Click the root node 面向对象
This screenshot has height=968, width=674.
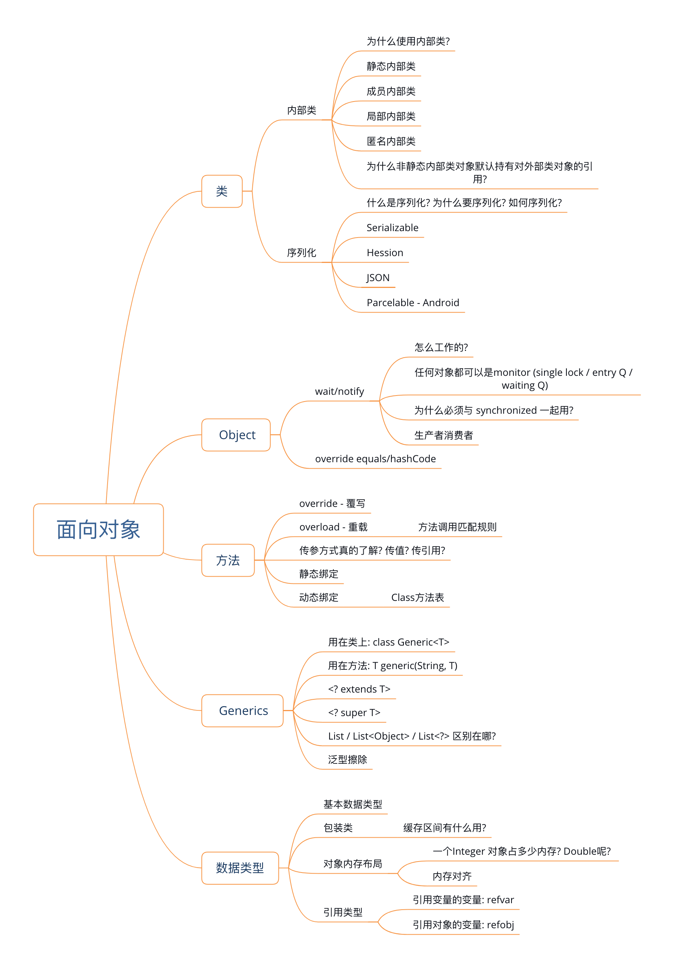pos(98,530)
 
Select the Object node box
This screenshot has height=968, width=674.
pos(236,435)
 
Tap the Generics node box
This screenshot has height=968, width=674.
pos(243,711)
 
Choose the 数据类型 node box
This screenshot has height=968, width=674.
pos(239,868)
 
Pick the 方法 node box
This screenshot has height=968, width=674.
pos(228,560)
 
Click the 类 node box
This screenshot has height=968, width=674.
pos(222,191)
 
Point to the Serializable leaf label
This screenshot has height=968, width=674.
pos(392,228)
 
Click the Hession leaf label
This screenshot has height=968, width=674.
pos(385,253)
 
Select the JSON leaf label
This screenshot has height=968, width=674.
pos(378,278)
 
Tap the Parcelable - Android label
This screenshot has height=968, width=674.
pos(413,303)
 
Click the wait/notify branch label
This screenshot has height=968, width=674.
pos(339,391)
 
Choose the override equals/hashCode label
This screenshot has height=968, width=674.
pos(375,459)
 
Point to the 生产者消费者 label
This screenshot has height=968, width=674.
pos(443,435)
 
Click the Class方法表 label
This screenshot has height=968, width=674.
pos(417,597)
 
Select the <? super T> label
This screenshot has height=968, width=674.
pos(354,713)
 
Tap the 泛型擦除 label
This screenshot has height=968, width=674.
pos(347,760)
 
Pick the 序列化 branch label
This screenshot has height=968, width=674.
pos(301,253)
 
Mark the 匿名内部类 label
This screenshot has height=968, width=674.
pos(391,141)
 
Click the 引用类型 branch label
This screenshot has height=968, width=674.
pos(343,912)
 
